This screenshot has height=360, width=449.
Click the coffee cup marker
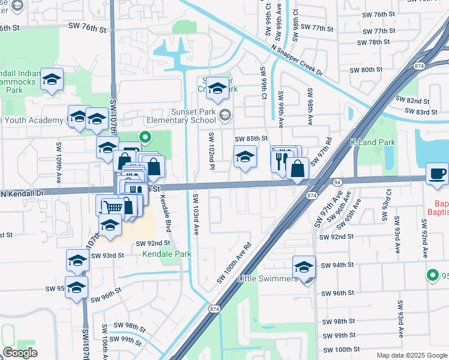coord(436,174)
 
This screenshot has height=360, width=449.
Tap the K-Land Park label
coord(373,143)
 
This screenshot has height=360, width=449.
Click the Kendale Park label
coord(166,254)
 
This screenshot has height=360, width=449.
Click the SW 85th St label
coord(250,139)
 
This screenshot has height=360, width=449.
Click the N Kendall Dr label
coord(23,194)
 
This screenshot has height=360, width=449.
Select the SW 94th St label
coord(335,265)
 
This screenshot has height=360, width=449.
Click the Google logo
coord(20,353)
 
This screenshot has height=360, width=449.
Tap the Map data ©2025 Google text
coord(411,355)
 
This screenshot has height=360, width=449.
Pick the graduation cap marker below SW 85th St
coord(244,157)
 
